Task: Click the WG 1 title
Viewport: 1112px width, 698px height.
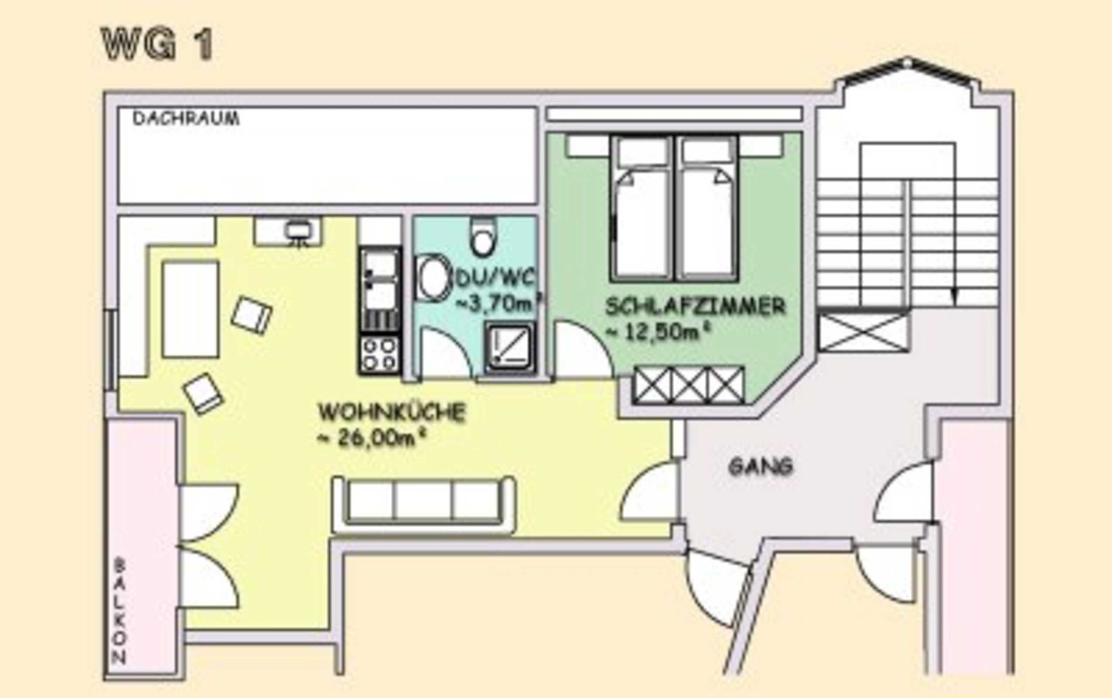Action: point(157,44)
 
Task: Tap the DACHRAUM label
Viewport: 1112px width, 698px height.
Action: point(186,119)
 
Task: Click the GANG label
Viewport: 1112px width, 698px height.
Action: point(761,467)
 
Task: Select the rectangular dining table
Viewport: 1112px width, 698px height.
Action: point(190,309)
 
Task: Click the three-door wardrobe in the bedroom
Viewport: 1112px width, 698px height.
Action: point(689,385)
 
